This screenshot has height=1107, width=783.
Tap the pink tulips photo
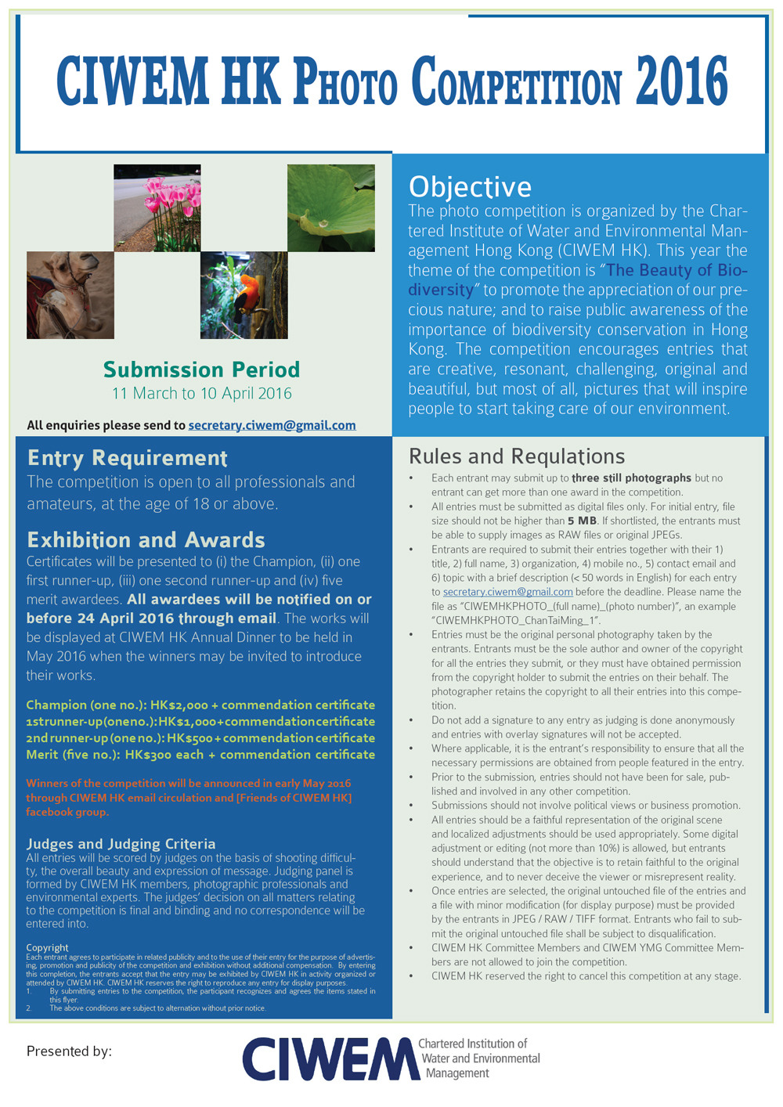[x=157, y=207]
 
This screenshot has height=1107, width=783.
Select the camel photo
[x=70, y=295]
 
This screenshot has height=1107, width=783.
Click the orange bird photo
[x=244, y=295]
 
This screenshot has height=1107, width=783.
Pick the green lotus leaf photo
[x=331, y=207]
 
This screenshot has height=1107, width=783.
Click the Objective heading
[x=470, y=186]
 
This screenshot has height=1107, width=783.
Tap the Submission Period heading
[x=201, y=370]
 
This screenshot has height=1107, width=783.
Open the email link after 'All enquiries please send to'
[x=272, y=425]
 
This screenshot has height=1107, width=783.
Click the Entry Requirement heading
[x=127, y=457]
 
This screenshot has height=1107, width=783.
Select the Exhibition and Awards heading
[x=146, y=539]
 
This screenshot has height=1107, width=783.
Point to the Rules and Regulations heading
[x=517, y=456]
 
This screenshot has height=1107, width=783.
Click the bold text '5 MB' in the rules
[x=582, y=521]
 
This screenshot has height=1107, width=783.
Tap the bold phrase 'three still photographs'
[x=631, y=478]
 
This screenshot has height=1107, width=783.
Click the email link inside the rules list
[x=507, y=592]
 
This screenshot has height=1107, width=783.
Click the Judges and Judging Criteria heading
[x=121, y=843]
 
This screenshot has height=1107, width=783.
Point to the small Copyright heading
[x=47, y=947]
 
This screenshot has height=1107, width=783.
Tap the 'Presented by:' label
[x=69, y=1051]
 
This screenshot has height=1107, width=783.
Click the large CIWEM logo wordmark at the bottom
[x=328, y=1059]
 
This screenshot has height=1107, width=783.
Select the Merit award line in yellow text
[x=200, y=755]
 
